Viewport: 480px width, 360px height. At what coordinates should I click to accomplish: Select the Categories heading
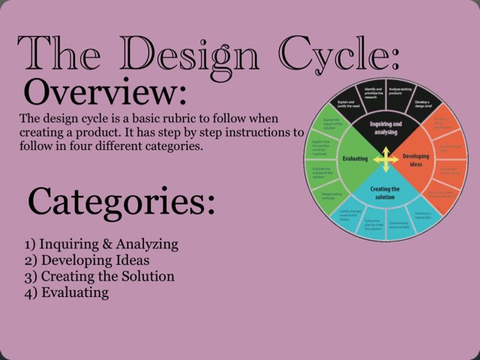tap(121, 201)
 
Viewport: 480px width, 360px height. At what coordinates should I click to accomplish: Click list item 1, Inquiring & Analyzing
tap(101, 244)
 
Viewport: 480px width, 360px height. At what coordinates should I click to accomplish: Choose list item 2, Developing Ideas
tap(87, 260)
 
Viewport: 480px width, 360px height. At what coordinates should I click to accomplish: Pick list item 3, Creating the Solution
tap(99, 276)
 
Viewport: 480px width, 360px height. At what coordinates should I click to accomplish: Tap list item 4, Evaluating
tap(67, 292)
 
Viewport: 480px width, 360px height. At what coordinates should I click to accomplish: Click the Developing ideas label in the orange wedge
tap(416, 160)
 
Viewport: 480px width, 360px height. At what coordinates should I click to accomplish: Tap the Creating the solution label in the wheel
tap(385, 193)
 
